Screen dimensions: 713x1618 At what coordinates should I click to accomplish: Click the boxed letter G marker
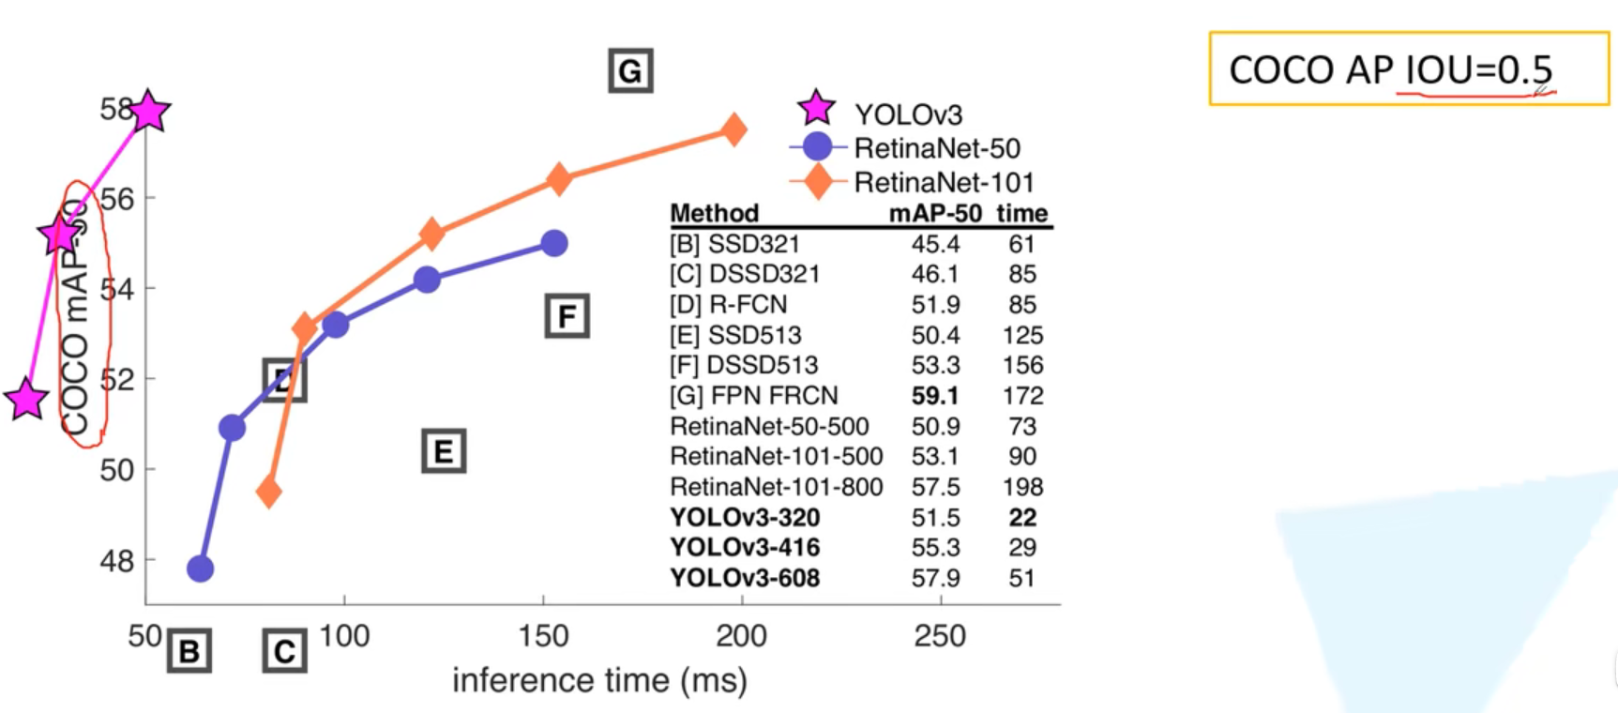click(x=630, y=70)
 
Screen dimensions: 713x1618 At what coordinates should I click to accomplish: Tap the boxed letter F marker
click(x=567, y=316)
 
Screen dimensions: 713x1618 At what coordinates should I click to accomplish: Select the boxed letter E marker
click(x=444, y=451)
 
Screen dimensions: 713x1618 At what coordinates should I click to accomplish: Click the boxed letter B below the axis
click(x=189, y=651)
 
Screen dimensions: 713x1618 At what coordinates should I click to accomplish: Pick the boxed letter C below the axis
click(x=284, y=651)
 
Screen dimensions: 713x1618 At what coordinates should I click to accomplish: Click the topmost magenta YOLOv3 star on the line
click(x=149, y=112)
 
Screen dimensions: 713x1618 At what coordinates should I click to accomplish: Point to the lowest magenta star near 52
click(x=26, y=400)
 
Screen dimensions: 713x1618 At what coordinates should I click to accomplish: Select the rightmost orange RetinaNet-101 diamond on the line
click(x=733, y=130)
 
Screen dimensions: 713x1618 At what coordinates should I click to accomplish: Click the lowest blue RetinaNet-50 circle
click(x=200, y=568)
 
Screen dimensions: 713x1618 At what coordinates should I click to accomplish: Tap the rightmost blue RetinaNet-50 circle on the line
click(x=554, y=243)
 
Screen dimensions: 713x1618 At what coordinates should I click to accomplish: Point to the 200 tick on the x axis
click(x=741, y=636)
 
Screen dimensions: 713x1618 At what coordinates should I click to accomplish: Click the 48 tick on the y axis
click(x=117, y=561)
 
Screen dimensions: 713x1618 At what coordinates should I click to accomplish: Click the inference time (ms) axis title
click(x=599, y=680)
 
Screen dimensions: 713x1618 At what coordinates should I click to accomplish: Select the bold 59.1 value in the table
click(x=934, y=396)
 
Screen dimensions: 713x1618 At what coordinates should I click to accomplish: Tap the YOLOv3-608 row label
click(x=745, y=578)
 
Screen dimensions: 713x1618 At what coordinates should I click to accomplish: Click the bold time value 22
click(x=1022, y=517)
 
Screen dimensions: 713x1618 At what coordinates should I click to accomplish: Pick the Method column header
click(x=714, y=213)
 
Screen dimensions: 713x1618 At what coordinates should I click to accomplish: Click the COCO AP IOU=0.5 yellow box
click(x=1408, y=68)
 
